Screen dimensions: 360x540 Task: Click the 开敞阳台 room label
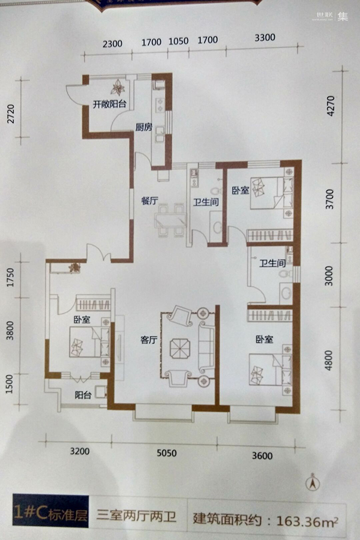point(109,104)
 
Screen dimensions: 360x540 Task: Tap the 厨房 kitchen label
point(143,127)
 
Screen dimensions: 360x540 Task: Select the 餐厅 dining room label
point(149,200)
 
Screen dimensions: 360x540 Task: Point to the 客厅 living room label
point(149,340)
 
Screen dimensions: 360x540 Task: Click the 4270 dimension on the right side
point(330,106)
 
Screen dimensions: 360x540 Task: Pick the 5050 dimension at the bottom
point(167,452)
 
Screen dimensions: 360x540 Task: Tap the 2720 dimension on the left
point(11,113)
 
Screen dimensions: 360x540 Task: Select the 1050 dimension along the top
point(178,41)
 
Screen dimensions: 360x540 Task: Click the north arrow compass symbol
point(313,483)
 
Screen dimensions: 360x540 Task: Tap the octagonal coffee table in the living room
point(180,349)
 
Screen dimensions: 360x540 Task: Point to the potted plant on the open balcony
point(118,88)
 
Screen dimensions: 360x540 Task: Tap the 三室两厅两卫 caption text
point(136,516)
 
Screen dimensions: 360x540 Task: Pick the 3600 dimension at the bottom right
point(262,455)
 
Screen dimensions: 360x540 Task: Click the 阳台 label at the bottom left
point(83,395)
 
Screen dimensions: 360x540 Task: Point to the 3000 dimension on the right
point(329,275)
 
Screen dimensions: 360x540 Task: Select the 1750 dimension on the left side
point(10,278)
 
